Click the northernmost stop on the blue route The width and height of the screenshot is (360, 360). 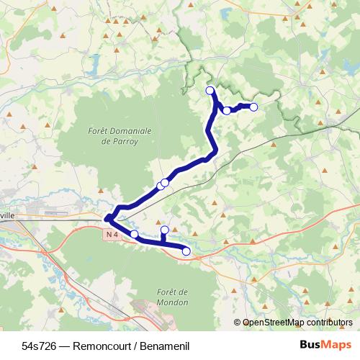coord(210,90)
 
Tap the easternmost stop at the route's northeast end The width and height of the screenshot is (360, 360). coord(253,107)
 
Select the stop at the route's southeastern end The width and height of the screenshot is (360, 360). coord(186,251)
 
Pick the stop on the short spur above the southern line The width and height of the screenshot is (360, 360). coord(164,230)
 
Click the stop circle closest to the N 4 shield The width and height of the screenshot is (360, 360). coord(134,234)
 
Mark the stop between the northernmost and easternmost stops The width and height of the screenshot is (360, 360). coord(227,110)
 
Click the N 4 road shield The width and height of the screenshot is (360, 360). coord(110,235)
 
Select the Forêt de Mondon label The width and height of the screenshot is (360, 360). coord(171,297)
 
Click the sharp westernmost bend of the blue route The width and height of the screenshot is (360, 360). coord(107,217)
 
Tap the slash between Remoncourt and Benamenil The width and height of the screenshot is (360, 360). coord(138,345)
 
